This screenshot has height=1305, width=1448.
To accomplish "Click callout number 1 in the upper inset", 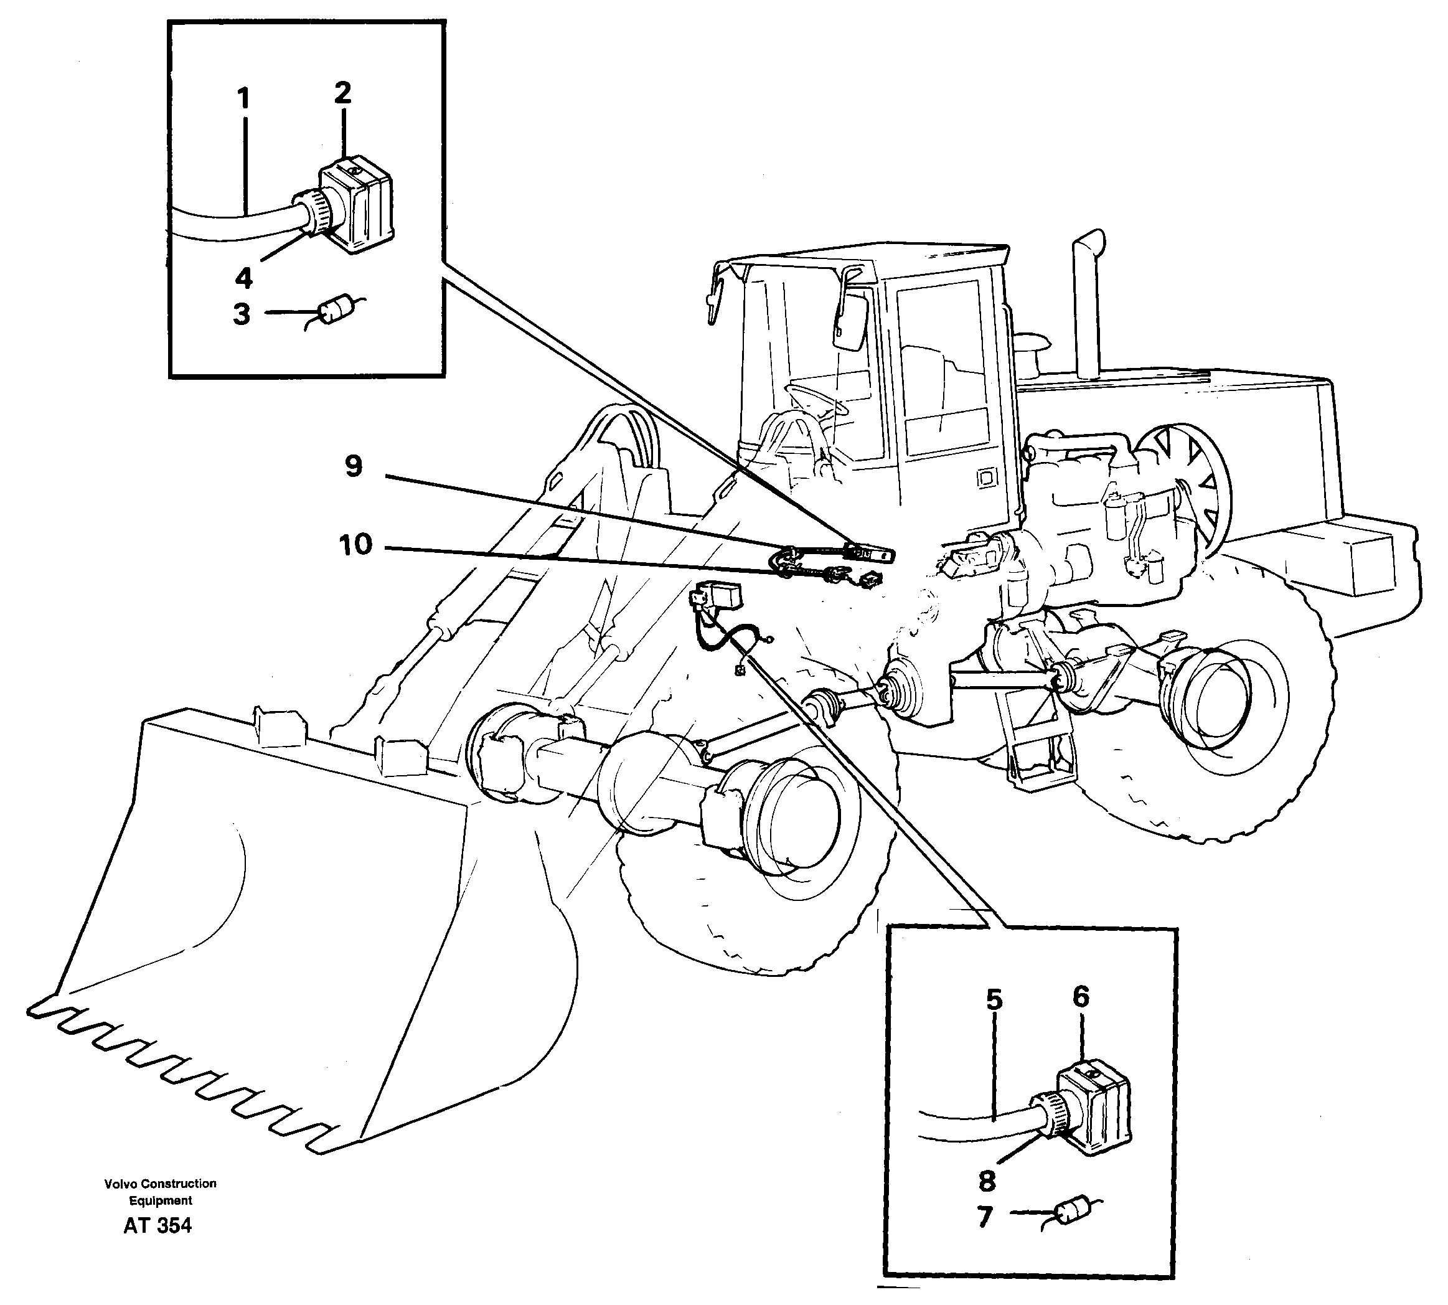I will pyautogui.click(x=245, y=99).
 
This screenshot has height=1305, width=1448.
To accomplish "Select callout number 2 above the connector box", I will pyautogui.click(x=342, y=93).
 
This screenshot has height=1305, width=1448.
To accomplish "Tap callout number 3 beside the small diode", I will pyautogui.click(x=242, y=314).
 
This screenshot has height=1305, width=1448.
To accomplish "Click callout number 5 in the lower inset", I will pyautogui.click(x=994, y=999).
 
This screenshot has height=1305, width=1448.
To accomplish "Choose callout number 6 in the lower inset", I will pyautogui.click(x=1081, y=997).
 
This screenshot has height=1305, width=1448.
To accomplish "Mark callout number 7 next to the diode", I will pyautogui.click(x=984, y=1217).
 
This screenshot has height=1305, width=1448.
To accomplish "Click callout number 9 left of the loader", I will pyautogui.click(x=354, y=467).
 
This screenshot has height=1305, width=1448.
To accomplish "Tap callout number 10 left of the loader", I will pyautogui.click(x=356, y=545).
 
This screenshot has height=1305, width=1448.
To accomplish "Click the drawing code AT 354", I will pyautogui.click(x=157, y=1225).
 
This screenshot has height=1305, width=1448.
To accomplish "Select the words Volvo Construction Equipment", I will pyautogui.click(x=160, y=1192).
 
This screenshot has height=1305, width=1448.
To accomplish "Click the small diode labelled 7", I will pyautogui.click(x=1073, y=1210).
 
